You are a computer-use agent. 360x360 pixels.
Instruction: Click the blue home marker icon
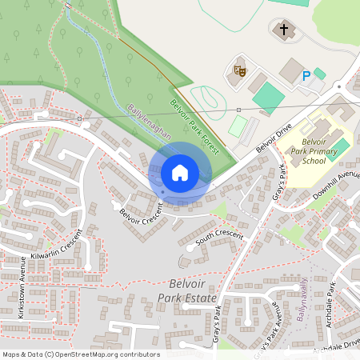(180, 173)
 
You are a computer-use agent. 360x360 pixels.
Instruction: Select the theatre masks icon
(238, 70)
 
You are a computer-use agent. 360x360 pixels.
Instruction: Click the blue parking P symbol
(306, 76)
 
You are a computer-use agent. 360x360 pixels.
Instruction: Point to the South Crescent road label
(218, 237)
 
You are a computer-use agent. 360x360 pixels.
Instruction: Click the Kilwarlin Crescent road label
(57, 247)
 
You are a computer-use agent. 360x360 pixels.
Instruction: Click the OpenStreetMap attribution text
(81, 354)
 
